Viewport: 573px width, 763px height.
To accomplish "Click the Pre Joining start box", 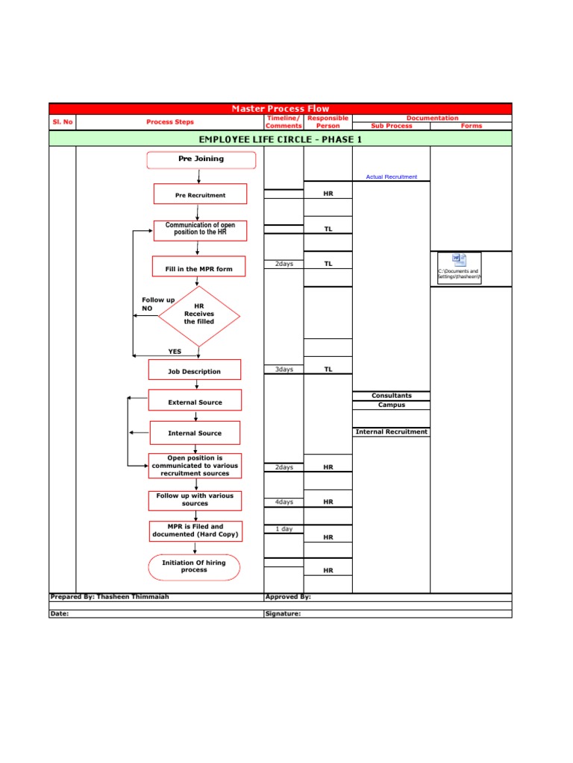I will [201, 159].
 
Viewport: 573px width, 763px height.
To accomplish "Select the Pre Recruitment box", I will [200, 195].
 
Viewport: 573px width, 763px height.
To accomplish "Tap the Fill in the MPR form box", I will [199, 269].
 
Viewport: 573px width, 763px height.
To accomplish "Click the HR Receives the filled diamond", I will [199, 314].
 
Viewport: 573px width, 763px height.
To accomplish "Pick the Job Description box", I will [195, 371].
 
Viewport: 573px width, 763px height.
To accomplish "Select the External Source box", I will [195, 402].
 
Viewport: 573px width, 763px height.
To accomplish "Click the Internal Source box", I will [195, 433].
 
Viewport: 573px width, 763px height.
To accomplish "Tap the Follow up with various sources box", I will [195, 499].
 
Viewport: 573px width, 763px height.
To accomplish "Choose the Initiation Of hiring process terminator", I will [194, 566].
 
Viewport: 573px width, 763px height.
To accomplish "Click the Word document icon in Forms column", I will [460, 261].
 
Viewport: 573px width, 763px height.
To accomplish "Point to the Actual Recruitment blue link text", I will [392, 177].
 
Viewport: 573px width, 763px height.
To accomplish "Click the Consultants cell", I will [392, 396].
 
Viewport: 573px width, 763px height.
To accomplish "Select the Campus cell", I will [392, 405].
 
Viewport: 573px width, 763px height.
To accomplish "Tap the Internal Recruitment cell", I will [392, 431].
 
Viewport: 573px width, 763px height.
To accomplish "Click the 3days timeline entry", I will [284, 370].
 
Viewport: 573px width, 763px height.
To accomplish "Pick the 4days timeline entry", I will [284, 502].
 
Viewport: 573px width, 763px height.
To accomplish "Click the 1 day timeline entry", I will [284, 529].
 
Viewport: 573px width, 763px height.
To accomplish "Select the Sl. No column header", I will [63, 122].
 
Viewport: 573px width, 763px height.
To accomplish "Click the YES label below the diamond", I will [175, 352].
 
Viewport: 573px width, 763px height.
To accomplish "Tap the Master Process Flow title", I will [281, 109].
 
